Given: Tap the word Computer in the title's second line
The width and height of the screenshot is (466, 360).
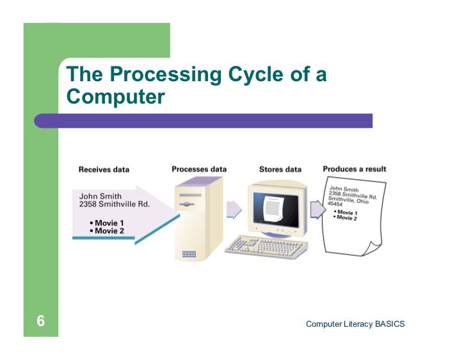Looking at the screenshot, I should (116, 97).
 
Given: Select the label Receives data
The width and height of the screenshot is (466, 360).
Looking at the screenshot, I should (104, 170).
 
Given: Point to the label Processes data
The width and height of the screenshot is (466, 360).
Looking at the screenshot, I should (199, 169).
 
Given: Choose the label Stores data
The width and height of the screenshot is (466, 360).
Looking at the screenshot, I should (280, 170).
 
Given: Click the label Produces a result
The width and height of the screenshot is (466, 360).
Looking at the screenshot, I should (354, 169).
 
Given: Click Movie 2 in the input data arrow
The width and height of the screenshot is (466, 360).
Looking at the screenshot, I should (109, 230).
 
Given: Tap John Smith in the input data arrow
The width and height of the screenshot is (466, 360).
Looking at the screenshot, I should (100, 196).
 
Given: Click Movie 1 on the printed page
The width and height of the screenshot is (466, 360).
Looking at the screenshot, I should (347, 212).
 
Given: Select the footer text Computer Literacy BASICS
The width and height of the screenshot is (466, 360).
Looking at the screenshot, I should (355, 324).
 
